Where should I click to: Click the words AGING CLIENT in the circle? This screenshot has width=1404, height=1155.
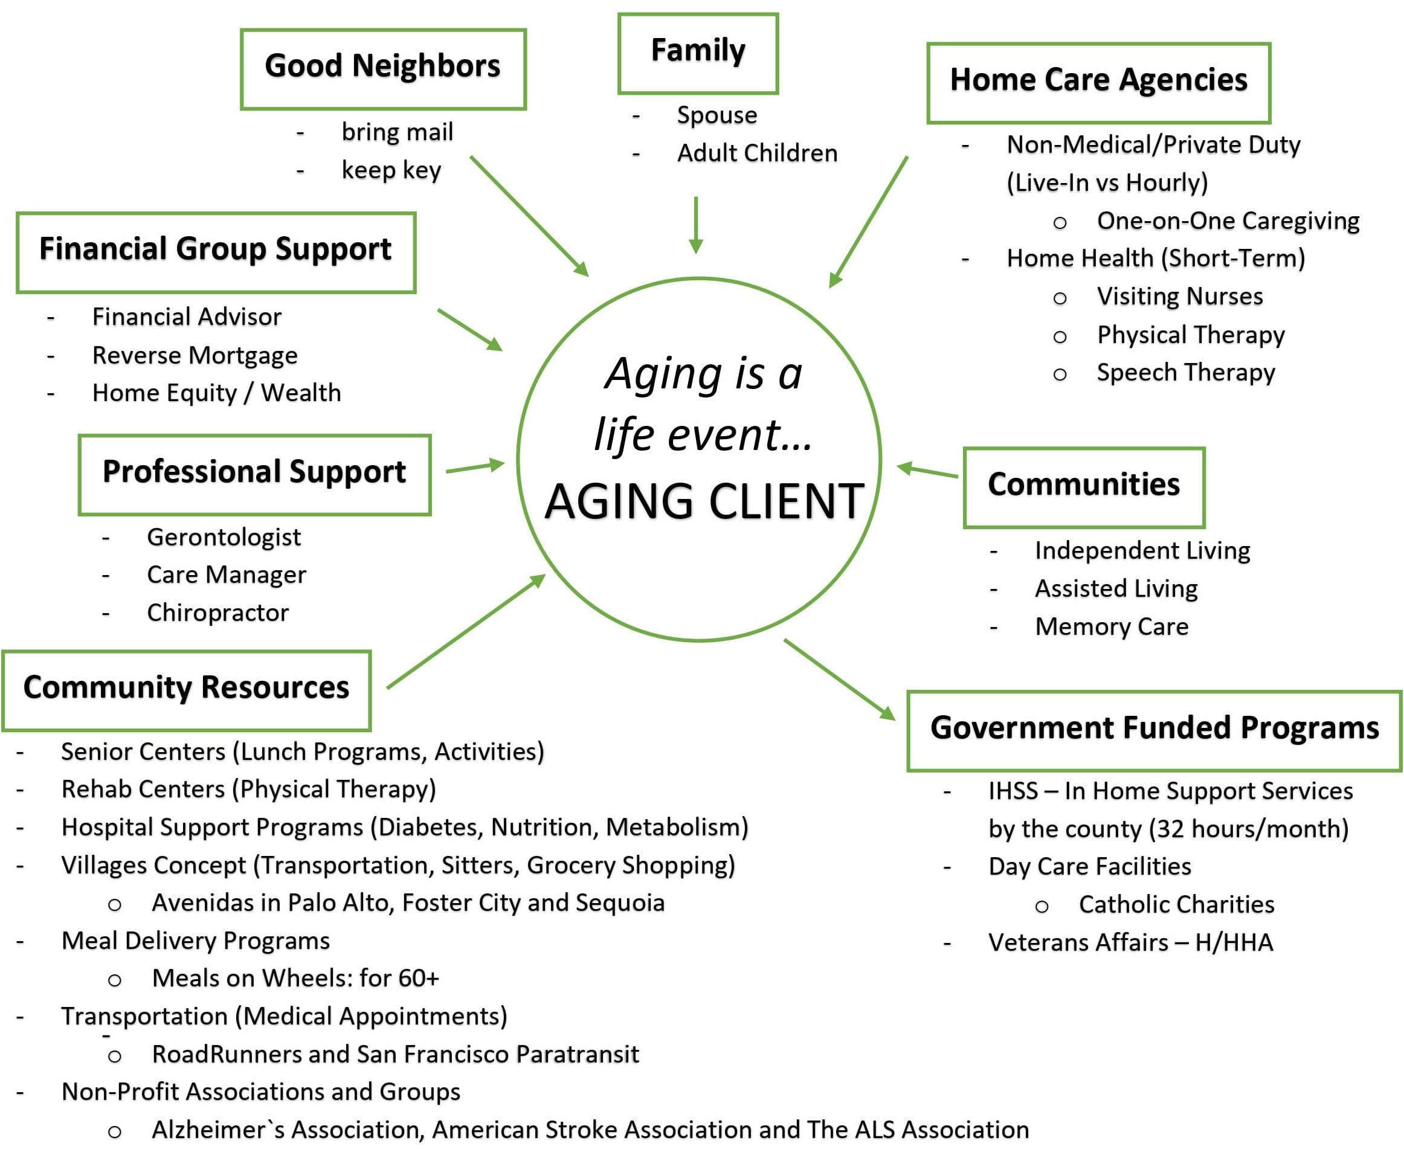[x=704, y=501]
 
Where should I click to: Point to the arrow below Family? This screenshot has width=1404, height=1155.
[x=696, y=225]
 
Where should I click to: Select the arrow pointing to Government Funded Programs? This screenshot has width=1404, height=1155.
[x=840, y=680]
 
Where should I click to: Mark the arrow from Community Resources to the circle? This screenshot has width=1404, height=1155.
[x=466, y=631]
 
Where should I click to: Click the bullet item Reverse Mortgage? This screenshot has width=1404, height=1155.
[x=195, y=355]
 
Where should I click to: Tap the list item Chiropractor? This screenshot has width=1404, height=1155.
[x=218, y=612]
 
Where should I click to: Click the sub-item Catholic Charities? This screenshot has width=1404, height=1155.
[x=1176, y=904]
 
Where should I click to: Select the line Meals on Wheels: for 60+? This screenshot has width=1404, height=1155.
[x=295, y=978]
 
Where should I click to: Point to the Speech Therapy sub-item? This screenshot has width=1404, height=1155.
[x=1186, y=373]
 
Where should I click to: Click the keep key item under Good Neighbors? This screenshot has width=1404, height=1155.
[x=391, y=170]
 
